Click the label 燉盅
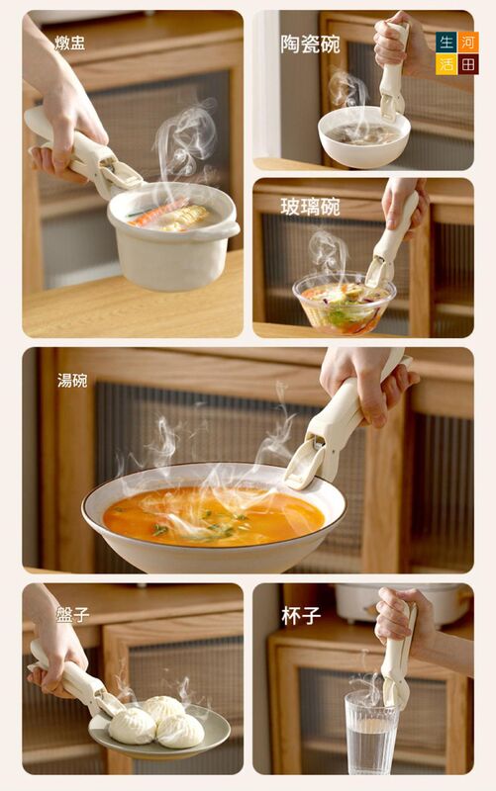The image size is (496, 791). point(69,43)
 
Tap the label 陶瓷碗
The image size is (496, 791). point(310,44)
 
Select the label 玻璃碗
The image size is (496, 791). point(310,207)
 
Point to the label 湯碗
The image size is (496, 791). point(72,380)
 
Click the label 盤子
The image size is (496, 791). point(73,614)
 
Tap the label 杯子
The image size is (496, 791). point(301,615)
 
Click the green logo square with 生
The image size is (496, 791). point(446,42)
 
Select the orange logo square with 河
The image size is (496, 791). point(468,42)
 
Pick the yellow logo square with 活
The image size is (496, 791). point(446,64)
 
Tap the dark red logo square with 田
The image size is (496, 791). point(468,64)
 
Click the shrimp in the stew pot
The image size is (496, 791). point(157,212)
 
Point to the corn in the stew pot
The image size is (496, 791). point(187,218)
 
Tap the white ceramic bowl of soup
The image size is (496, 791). point(364,137)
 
